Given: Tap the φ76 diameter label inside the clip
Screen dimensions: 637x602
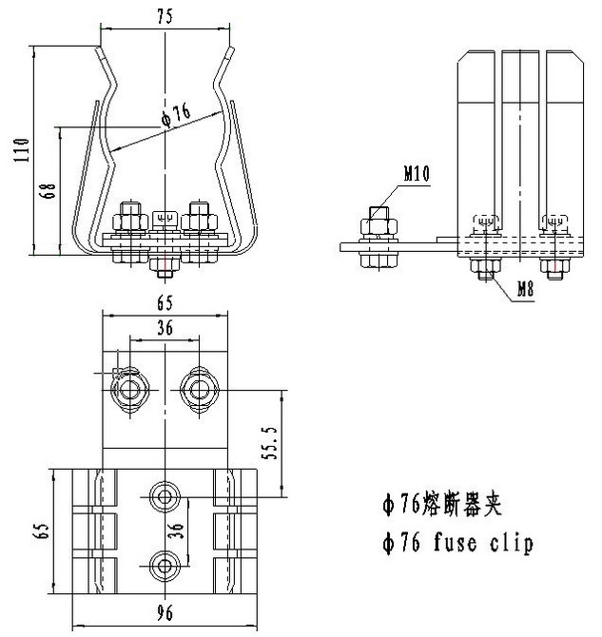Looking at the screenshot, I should coord(176,115).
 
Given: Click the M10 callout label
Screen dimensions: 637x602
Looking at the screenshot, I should coord(416,174).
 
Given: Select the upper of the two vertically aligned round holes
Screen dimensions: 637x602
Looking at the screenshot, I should coord(166,495).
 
